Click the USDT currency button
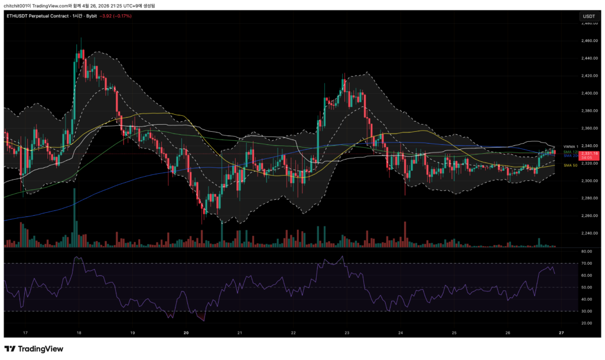click(588, 16)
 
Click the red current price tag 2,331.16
click(588, 153)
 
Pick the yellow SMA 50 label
click(570, 166)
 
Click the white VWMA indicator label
click(569, 146)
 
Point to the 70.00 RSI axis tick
click(586, 263)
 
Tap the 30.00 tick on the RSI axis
click(586, 311)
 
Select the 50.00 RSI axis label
click(586, 287)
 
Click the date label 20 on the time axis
click(186, 333)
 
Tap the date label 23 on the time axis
click(347, 333)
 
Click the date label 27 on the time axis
click(561, 333)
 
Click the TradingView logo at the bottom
click(34, 349)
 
